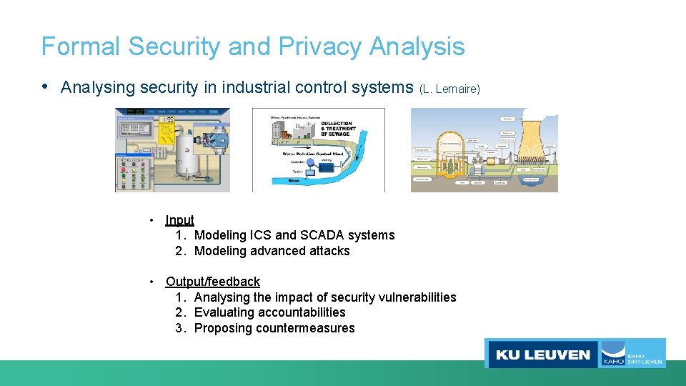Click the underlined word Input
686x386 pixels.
179,220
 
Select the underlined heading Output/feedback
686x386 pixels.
213,282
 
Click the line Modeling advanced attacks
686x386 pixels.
272,251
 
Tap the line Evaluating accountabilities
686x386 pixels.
269,312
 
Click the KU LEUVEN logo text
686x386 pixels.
542,355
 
